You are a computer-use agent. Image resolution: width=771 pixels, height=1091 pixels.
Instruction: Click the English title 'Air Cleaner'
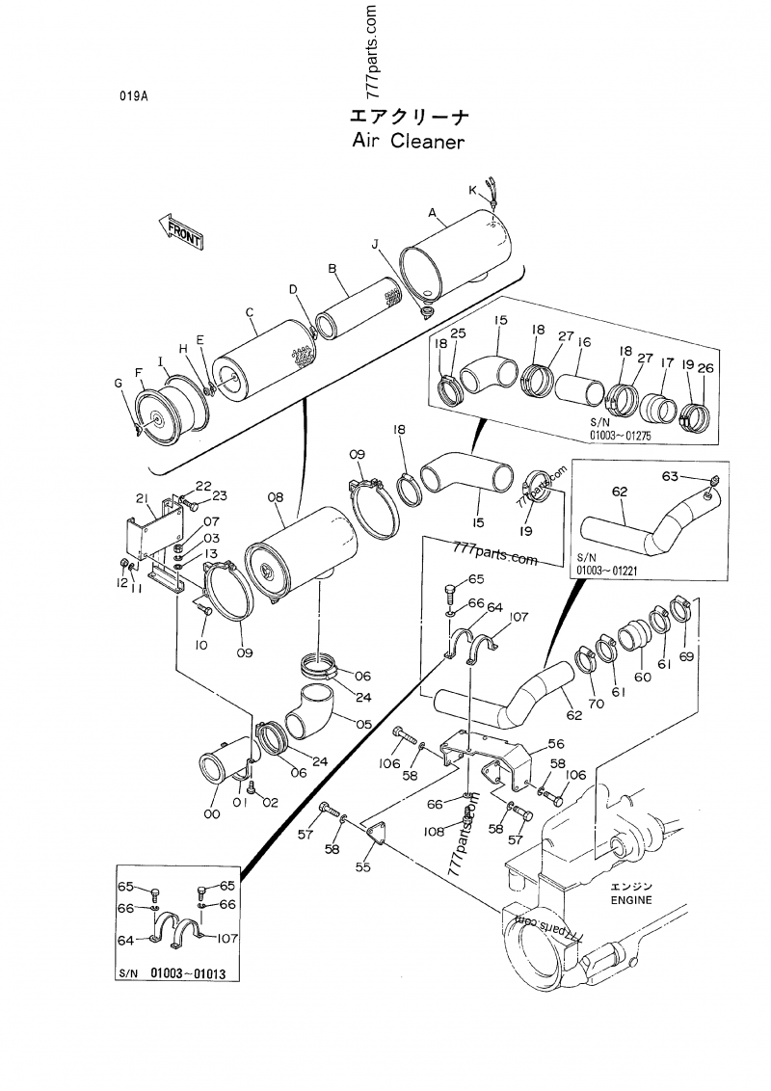409,142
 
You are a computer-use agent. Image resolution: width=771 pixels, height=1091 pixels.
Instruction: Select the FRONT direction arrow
179,230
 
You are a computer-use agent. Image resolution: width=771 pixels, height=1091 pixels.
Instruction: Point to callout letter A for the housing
432,212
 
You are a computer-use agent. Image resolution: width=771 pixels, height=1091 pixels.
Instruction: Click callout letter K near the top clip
473,190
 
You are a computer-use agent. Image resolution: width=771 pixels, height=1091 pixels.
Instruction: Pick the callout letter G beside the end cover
119,384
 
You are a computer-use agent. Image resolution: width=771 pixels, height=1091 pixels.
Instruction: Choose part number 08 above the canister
276,497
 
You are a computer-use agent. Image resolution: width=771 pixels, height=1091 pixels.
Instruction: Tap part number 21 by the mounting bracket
141,498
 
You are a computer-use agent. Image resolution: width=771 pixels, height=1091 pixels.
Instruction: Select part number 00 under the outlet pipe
211,814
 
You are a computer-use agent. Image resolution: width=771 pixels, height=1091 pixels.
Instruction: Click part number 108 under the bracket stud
433,830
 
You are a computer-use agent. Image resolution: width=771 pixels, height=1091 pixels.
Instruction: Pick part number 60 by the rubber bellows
642,677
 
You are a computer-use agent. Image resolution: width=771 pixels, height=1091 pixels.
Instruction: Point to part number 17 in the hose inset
666,363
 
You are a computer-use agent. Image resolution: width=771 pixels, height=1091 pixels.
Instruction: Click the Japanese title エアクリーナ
409,117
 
